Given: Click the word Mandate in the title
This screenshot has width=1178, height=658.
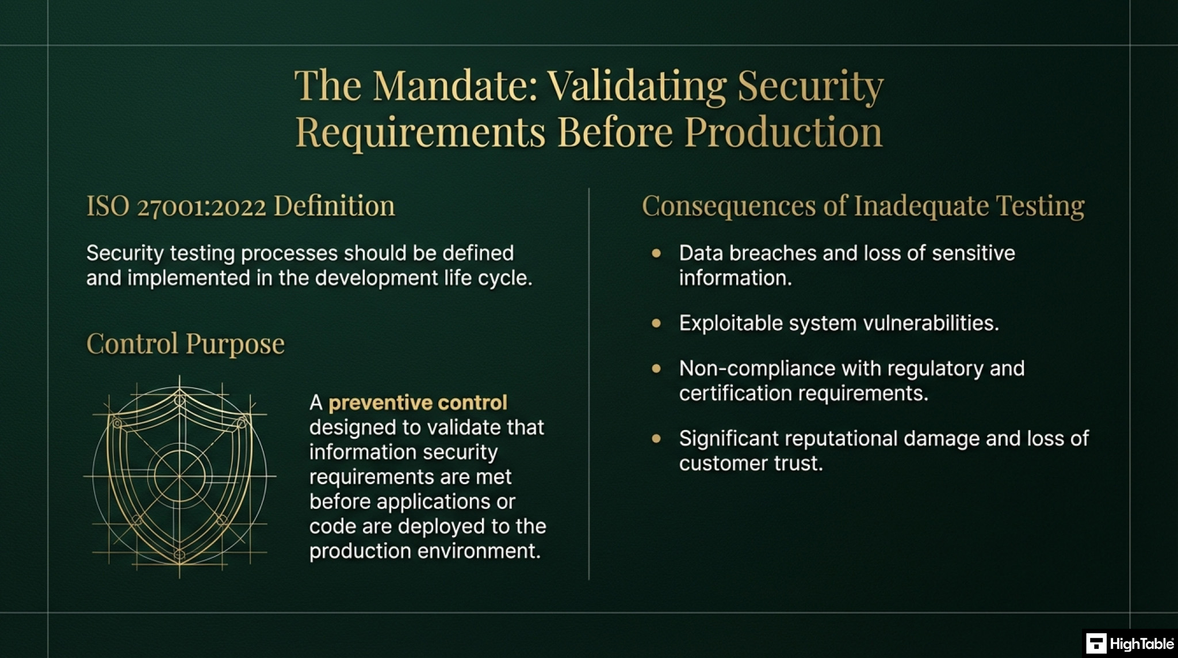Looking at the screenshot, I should point(454,86).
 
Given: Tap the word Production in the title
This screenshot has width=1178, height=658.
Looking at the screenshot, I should point(783,132).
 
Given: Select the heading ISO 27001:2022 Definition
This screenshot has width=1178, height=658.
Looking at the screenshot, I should point(240,206).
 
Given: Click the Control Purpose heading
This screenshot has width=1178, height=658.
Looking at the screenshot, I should point(185,344).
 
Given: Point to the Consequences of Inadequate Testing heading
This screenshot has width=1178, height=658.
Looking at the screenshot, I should point(863,206).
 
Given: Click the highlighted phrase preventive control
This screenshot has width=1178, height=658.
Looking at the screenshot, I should point(418,402).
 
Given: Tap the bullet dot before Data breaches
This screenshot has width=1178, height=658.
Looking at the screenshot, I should point(656,253).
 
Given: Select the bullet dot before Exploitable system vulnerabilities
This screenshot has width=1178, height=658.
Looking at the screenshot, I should point(656,324).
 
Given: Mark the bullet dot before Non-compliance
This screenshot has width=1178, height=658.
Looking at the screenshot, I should point(656,368).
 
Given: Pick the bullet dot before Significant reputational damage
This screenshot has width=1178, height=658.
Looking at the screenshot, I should point(656,439).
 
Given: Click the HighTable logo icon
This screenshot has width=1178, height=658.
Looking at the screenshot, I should point(1096,644).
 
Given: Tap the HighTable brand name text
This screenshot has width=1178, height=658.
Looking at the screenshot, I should point(1141,644).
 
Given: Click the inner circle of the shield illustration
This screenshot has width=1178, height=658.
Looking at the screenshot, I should point(179,476).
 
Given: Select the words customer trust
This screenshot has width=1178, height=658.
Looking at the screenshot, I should point(751,463).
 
